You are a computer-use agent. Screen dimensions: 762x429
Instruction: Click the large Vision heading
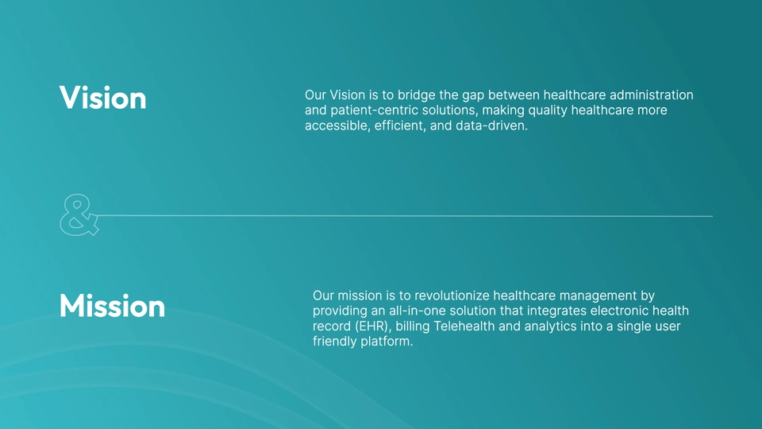[x=102, y=98]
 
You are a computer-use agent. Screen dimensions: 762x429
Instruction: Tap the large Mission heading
[x=112, y=306]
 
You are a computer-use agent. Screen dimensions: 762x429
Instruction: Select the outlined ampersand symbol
[x=79, y=215]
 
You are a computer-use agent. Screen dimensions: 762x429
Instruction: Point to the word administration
[x=651, y=95]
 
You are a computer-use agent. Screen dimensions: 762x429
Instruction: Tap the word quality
[x=547, y=111]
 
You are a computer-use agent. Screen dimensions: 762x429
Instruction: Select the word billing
[x=413, y=327]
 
